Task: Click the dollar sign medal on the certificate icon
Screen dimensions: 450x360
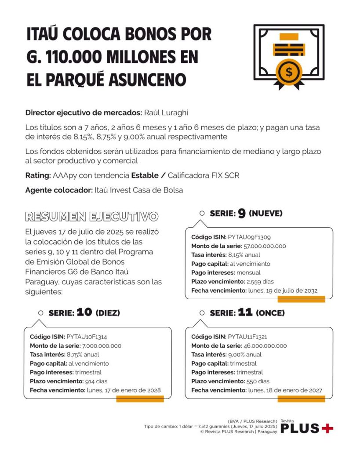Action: [x=288, y=72]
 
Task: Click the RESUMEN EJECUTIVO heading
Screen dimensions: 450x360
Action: [x=91, y=216]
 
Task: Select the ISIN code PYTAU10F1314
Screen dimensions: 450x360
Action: [x=87, y=337]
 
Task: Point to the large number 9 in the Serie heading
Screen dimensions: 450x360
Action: [x=242, y=214]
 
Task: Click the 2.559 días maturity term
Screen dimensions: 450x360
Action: [x=254, y=282]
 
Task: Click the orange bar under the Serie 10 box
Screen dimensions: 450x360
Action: [x=140, y=399]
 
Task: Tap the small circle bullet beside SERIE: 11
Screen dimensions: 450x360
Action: [x=202, y=313]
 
